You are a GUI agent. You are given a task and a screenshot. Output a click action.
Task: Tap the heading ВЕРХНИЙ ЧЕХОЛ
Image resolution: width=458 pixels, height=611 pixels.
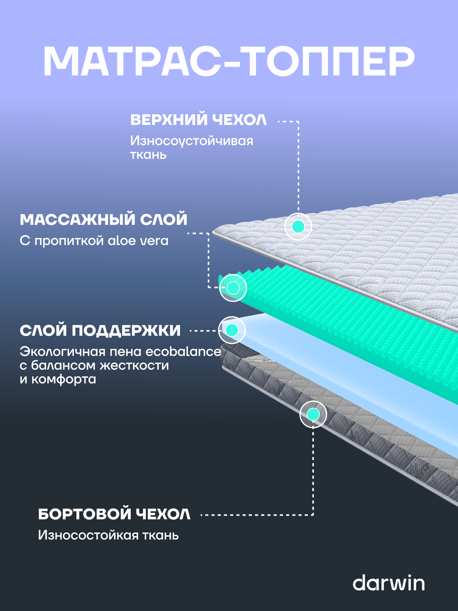click(x=198, y=120)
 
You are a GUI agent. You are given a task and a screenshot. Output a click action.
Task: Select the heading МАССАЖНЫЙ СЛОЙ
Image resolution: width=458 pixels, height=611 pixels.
click(x=104, y=220)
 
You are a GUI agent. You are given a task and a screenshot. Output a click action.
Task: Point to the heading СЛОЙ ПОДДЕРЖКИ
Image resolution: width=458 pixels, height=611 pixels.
click(x=100, y=331)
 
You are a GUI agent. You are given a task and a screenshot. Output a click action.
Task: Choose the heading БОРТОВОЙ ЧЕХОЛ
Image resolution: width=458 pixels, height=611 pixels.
click(x=114, y=514)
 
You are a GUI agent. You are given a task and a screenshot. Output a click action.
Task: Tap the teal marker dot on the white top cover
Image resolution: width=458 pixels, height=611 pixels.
click(x=298, y=226)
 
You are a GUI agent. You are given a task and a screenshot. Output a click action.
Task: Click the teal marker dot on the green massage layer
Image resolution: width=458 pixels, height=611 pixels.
click(x=233, y=288)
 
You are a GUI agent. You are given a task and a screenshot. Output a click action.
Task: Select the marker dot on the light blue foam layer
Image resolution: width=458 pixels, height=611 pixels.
click(x=232, y=330)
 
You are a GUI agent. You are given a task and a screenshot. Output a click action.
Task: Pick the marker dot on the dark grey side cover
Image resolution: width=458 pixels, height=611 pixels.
click(x=313, y=414)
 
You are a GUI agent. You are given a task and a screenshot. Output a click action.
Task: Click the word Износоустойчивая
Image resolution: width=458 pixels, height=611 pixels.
click(x=192, y=141)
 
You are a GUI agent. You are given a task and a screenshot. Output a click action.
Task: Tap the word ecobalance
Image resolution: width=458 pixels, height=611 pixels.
click(x=183, y=352)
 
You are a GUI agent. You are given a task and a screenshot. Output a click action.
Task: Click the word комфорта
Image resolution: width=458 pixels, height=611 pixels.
click(x=64, y=379)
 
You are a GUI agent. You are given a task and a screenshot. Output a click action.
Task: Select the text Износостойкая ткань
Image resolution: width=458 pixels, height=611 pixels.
click(x=108, y=535)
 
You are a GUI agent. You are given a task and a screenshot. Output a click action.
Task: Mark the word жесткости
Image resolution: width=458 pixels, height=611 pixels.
click(x=134, y=366)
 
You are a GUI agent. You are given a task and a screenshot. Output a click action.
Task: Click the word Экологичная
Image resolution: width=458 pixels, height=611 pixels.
click(x=62, y=352)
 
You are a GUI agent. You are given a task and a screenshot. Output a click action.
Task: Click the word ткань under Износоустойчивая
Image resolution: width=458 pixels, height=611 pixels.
click(x=148, y=155)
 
